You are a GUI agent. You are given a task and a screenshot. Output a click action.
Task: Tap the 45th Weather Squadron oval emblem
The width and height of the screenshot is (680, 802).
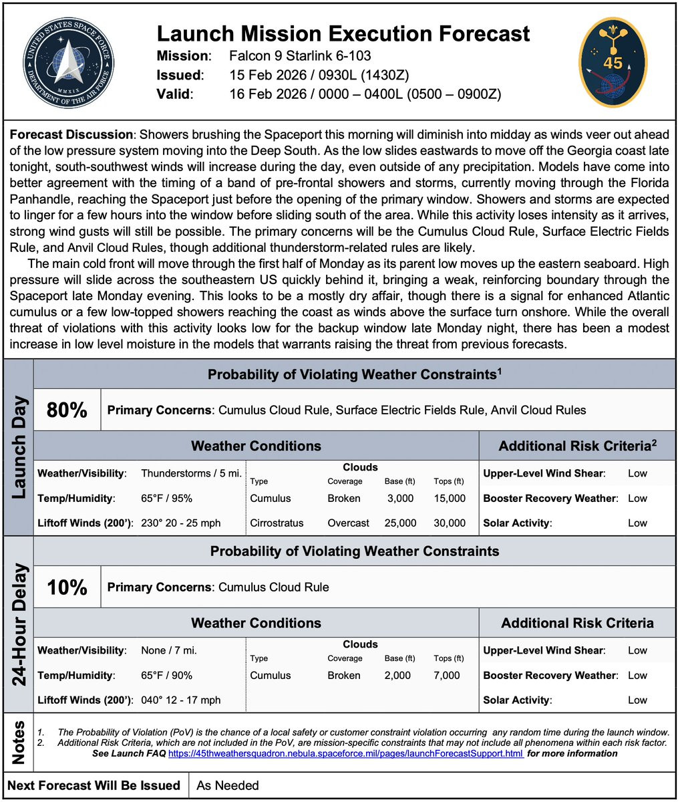pyautogui.click(x=612, y=62)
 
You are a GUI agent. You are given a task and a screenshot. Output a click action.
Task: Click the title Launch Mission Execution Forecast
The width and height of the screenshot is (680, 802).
pyautogui.click(x=343, y=33)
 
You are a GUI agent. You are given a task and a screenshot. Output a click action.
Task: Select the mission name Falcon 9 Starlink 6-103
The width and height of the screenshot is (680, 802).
pyautogui.click(x=300, y=55)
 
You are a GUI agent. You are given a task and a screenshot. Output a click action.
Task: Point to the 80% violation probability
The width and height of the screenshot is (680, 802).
pyautogui.click(x=67, y=410)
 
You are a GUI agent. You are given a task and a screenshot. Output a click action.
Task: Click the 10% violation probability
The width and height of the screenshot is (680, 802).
pyautogui.click(x=67, y=587)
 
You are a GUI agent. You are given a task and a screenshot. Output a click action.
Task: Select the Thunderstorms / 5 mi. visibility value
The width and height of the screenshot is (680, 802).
pyautogui.click(x=191, y=473)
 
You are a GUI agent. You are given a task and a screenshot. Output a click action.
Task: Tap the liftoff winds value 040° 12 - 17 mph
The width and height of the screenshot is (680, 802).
pyautogui.click(x=180, y=700)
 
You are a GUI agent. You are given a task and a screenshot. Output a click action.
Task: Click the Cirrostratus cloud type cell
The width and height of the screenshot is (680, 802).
pyautogui.click(x=277, y=523)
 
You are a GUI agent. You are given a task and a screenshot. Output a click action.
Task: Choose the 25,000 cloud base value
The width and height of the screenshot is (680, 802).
pyautogui.click(x=400, y=523)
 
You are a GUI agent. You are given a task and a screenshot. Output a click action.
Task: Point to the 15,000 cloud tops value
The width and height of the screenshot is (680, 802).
pyautogui.click(x=450, y=499)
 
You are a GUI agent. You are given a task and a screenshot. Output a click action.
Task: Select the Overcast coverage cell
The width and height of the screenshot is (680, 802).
pyautogui.click(x=348, y=523)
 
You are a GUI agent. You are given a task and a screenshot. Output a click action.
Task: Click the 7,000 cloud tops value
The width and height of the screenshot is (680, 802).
pyautogui.click(x=447, y=676)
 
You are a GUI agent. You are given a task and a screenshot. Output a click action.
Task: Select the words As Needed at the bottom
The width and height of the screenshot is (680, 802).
pyautogui.click(x=228, y=785)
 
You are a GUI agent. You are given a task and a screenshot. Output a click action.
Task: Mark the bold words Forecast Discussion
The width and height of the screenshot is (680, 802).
pyautogui.click(x=71, y=134)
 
